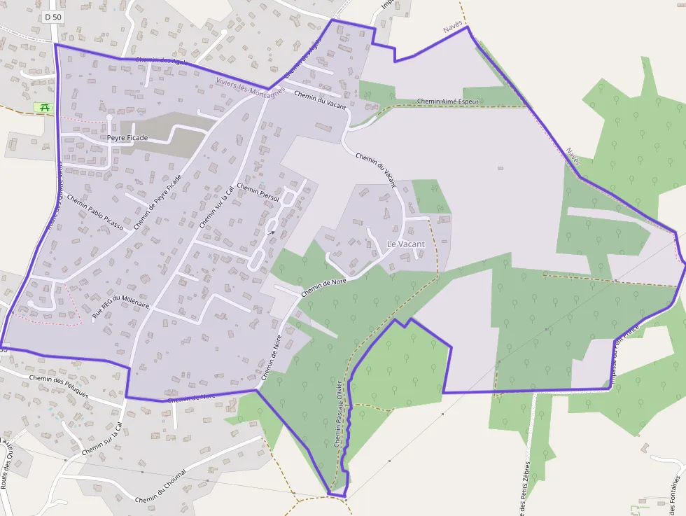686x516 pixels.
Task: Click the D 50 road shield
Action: (52, 16)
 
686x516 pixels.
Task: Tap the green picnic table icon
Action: (43, 108)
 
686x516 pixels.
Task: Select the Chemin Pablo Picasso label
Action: (95, 212)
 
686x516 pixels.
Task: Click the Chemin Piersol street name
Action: (258, 193)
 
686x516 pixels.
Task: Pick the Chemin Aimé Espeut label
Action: (447, 102)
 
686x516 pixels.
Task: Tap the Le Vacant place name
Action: (405, 244)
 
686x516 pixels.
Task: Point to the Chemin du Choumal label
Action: (161, 485)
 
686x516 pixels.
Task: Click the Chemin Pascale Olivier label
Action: (339, 414)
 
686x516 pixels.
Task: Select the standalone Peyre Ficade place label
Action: (127, 138)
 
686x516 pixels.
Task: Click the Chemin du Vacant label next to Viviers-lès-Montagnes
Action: (321, 99)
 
